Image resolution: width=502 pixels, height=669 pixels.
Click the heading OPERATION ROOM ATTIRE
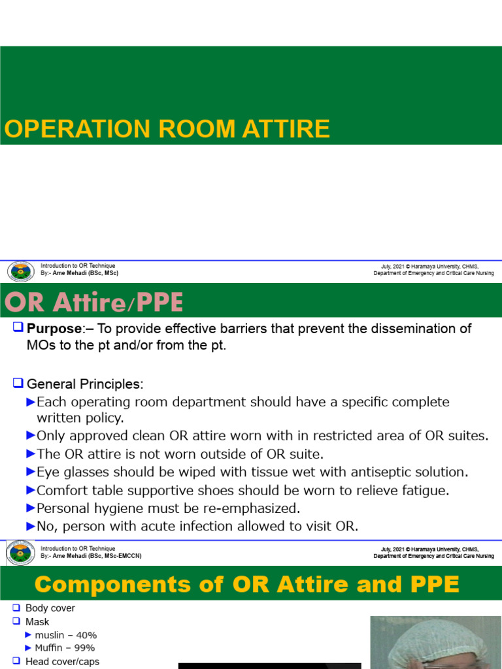(167, 129)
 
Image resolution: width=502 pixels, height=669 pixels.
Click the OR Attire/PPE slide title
(94, 302)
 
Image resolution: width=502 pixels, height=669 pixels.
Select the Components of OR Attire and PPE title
(246, 584)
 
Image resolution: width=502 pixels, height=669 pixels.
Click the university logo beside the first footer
(20, 271)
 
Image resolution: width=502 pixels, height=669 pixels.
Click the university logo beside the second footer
(20, 553)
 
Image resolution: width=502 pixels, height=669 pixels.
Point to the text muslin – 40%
(66, 635)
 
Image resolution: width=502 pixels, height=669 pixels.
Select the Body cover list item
(50, 608)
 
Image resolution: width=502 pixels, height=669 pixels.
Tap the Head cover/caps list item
(62, 661)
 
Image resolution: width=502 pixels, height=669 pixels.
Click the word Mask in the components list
(37, 622)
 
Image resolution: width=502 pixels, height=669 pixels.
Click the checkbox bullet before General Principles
(18, 383)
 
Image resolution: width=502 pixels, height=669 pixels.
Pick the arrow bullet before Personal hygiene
(31, 508)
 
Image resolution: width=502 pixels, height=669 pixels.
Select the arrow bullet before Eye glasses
(31, 472)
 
